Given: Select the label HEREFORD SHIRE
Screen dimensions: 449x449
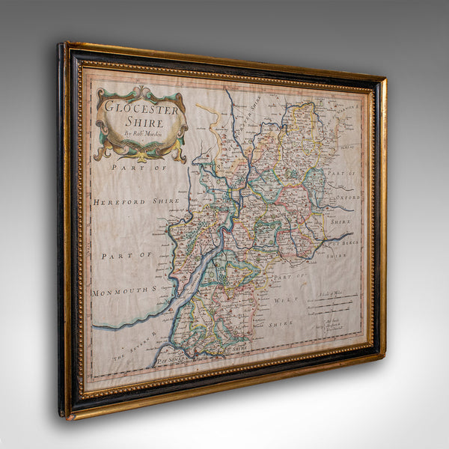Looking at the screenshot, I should pyautogui.click(x=137, y=201).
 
